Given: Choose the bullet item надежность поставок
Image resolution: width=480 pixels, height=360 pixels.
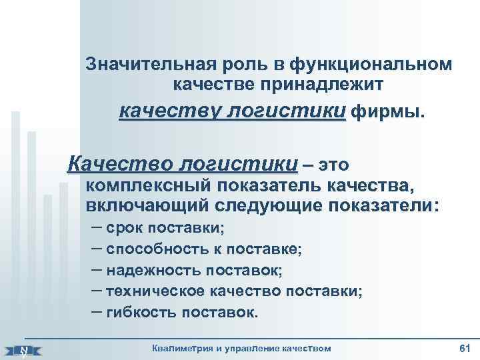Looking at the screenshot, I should click(194, 270).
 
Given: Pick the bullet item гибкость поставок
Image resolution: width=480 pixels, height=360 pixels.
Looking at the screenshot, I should click(181, 311).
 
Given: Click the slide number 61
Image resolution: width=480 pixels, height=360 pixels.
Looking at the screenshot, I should click(465, 348).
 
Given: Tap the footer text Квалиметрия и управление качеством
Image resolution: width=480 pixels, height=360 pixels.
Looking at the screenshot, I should click(241, 349).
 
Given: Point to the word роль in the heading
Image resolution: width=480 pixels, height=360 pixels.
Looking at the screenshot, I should click(238, 64).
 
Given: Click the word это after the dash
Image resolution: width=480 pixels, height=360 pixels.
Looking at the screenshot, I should click(333, 164).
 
